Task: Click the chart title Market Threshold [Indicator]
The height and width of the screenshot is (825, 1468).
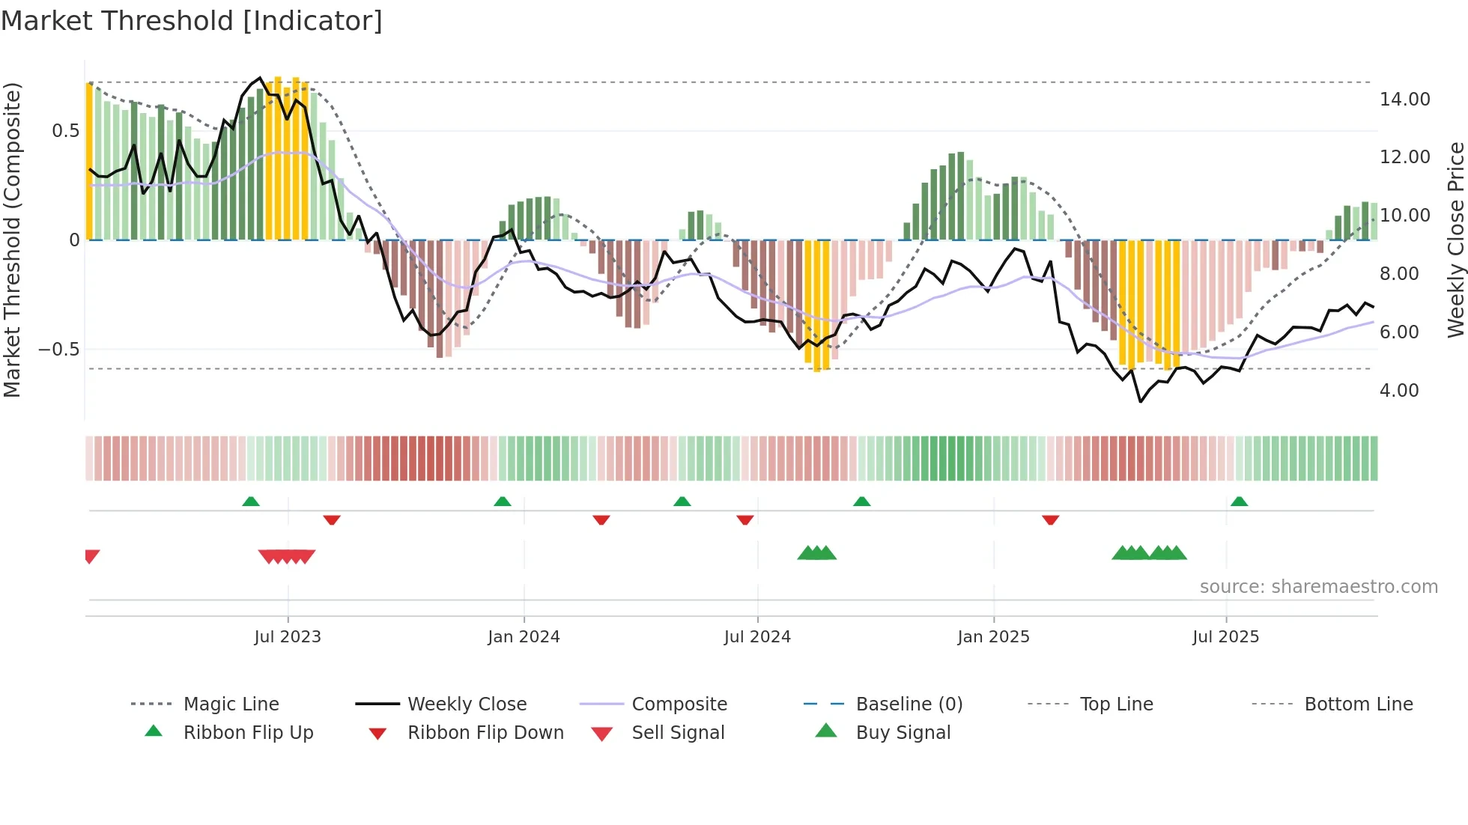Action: [192, 21]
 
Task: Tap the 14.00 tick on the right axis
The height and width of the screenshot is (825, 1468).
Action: [1404, 99]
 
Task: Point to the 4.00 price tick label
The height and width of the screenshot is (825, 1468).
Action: [1398, 390]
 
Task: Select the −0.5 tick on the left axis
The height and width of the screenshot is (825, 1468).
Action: [58, 350]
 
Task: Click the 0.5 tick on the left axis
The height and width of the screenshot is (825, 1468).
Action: [65, 131]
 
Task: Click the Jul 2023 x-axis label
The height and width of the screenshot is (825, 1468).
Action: [288, 637]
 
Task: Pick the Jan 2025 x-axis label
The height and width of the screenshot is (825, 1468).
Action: [993, 637]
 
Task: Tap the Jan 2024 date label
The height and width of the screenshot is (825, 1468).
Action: [524, 637]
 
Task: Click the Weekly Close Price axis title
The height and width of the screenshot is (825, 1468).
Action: [1455, 240]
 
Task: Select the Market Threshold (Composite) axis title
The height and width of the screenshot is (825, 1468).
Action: [12, 240]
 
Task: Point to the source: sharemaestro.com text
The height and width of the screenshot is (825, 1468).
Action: [1318, 587]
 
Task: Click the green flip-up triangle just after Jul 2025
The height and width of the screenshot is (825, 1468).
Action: [1239, 502]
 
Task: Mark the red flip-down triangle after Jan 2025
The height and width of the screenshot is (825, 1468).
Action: [1050, 520]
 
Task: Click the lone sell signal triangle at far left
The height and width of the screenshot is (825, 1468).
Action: [91, 555]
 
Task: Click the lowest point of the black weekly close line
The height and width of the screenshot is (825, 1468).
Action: [1140, 402]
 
